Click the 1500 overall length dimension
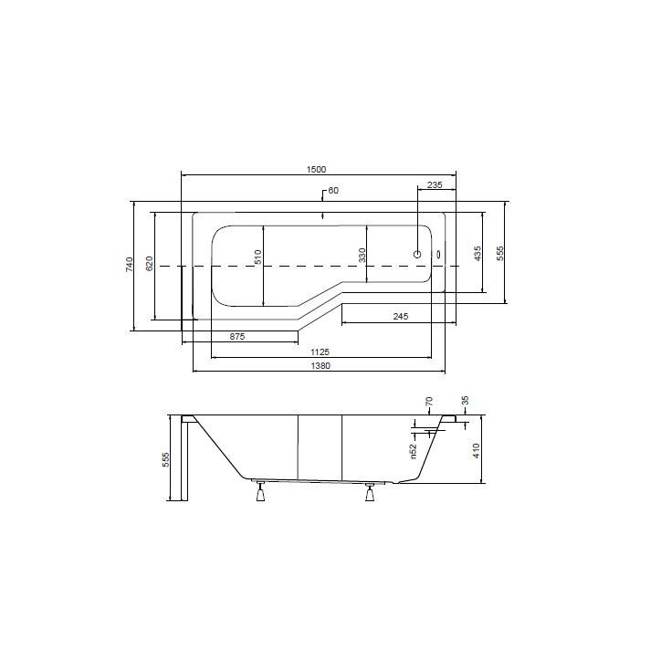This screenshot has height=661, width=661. click(x=316, y=170)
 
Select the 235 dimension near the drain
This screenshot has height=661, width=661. click(x=435, y=185)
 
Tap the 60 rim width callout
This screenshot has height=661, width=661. click(x=333, y=191)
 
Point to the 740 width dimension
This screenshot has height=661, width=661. click(x=130, y=265)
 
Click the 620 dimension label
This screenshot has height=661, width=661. click(x=150, y=264)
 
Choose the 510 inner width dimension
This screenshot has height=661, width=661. click(x=257, y=257)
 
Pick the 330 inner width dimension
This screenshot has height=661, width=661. click(x=362, y=256)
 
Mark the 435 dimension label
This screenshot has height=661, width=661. click(x=477, y=254)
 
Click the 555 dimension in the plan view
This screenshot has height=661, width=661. click(x=500, y=254)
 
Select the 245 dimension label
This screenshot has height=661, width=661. click(x=401, y=316)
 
